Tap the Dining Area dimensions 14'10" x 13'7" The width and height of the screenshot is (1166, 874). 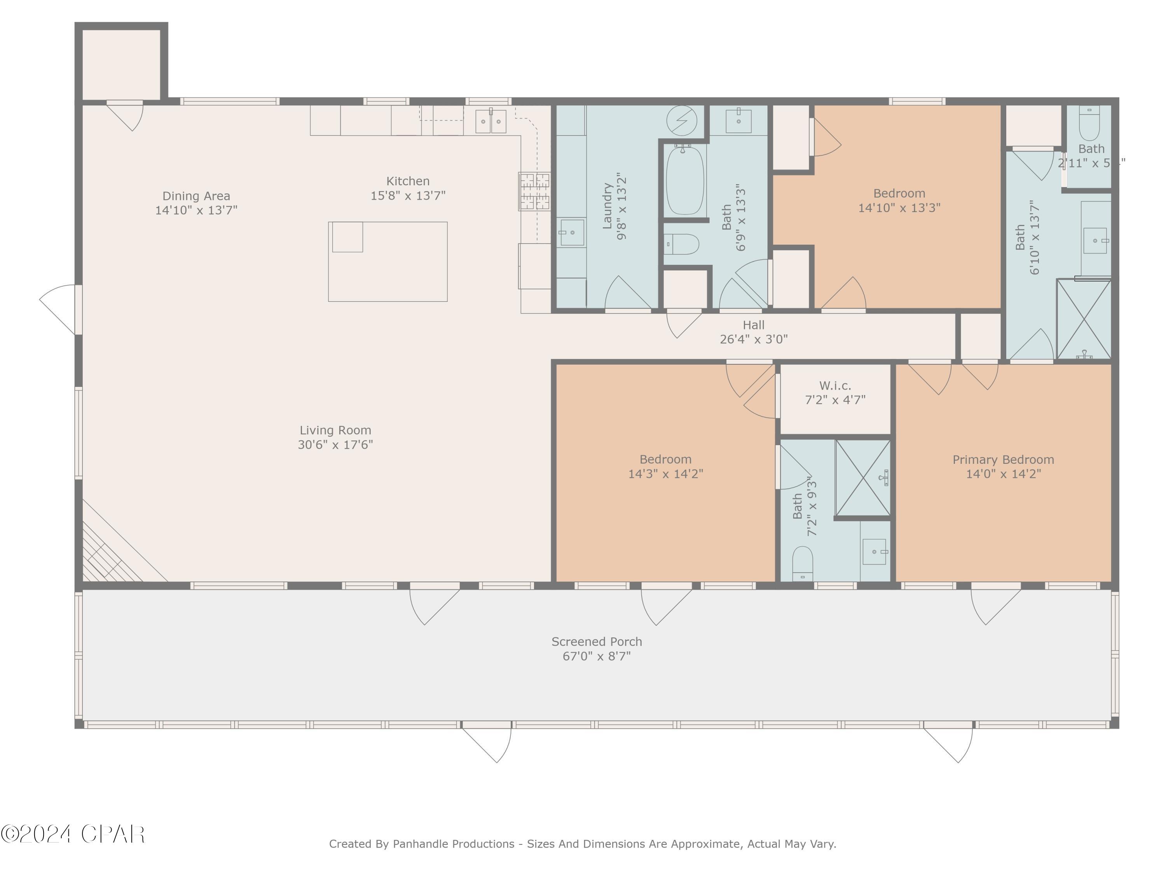[x=196, y=210]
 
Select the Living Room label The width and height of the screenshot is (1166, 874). [x=335, y=430]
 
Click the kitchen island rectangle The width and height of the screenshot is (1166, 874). [x=388, y=262]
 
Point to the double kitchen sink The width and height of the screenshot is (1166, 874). [x=491, y=122]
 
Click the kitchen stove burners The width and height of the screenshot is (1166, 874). [x=534, y=191]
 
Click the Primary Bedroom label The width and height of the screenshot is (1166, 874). [x=1003, y=460]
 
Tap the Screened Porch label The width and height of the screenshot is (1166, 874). [x=596, y=642]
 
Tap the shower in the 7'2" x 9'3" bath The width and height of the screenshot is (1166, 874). [x=862, y=477]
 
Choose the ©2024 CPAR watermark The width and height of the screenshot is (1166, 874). [x=73, y=834]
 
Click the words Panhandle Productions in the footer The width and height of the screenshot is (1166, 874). [x=453, y=844]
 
